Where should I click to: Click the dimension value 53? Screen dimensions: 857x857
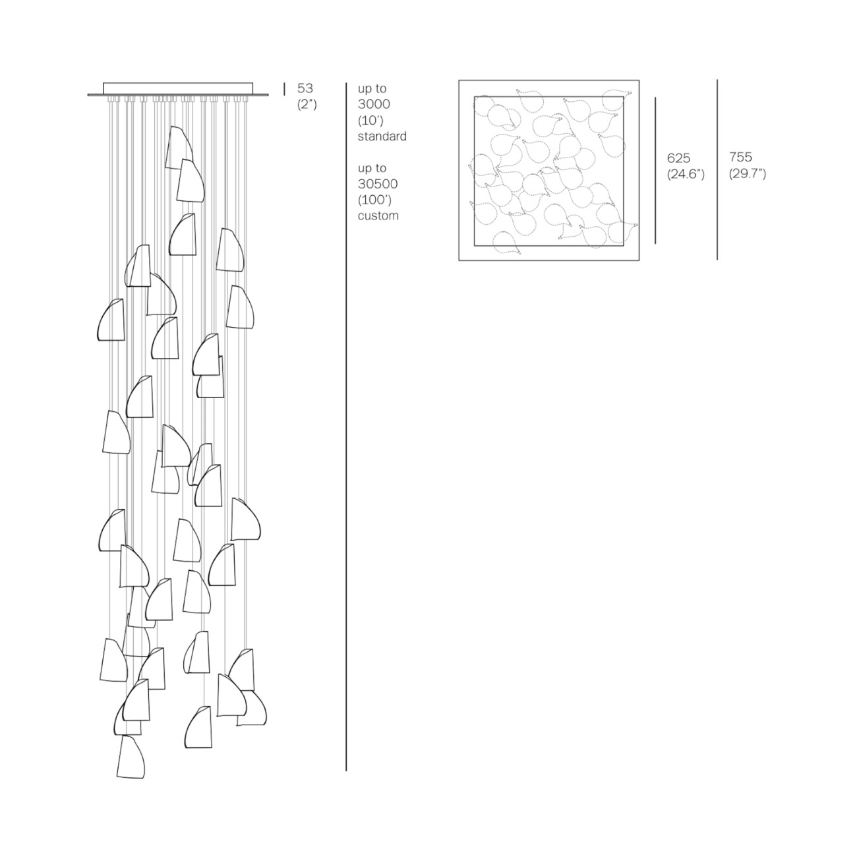pyautogui.click(x=305, y=88)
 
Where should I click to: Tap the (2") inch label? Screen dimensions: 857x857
pyautogui.click(x=307, y=105)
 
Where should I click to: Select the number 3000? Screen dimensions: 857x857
pyautogui.click(x=374, y=104)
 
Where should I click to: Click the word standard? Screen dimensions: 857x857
pyautogui.click(x=382, y=136)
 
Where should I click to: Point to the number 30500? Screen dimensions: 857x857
pyautogui.click(x=378, y=184)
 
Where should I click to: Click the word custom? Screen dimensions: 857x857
pyautogui.click(x=378, y=216)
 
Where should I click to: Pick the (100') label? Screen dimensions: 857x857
pyautogui.click(x=375, y=200)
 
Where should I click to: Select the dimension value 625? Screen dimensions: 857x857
pyautogui.click(x=678, y=158)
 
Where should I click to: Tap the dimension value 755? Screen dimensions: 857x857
pyautogui.click(x=740, y=157)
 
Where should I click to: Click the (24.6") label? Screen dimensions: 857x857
pyautogui.click(x=686, y=174)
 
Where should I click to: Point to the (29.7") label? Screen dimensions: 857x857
pyautogui.click(x=748, y=173)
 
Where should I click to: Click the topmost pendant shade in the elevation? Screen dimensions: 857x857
pyautogui.click(x=179, y=148)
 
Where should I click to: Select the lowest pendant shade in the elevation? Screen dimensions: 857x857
pyautogui.click(x=131, y=757)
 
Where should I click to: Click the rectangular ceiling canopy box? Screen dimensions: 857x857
pyautogui.click(x=178, y=88)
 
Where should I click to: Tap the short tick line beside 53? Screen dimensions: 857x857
pyautogui.click(x=284, y=89)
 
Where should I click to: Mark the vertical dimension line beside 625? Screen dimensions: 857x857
pyautogui.click(x=655, y=170)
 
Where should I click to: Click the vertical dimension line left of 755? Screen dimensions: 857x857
pyautogui.click(x=717, y=170)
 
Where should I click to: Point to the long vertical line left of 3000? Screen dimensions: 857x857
pyautogui.click(x=346, y=427)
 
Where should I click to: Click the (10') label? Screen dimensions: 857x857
pyautogui.click(x=370, y=121)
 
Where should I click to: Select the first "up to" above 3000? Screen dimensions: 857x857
pyautogui.click(x=372, y=88)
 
